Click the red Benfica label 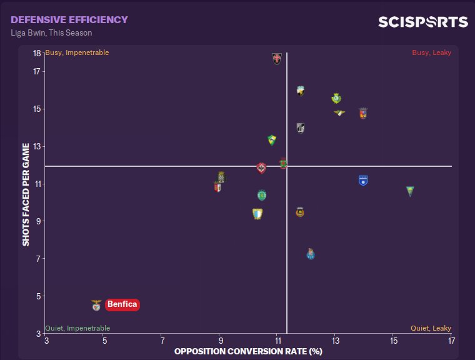(x=122, y=305)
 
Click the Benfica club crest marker (x=96, y=305)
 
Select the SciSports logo (x=422, y=22)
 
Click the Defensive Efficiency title (x=69, y=20)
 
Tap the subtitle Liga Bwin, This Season (x=51, y=32)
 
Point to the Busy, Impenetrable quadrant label (x=77, y=53)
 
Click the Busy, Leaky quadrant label (x=431, y=53)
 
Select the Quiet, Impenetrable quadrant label (x=77, y=328)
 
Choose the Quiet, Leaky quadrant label (x=431, y=328)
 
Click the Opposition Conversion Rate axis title (x=248, y=351)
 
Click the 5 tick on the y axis (x=38, y=296)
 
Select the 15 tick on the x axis (x=393, y=341)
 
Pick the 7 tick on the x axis (x=162, y=341)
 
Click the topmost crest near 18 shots (x=277, y=59)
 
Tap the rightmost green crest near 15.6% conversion (x=410, y=191)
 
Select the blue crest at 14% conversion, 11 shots (x=363, y=180)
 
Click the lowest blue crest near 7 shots (x=311, y=254)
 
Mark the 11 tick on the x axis (x=277, y=341)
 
